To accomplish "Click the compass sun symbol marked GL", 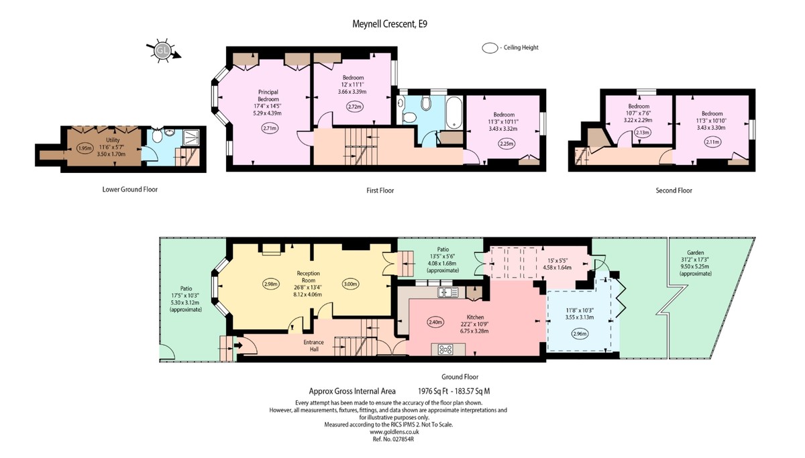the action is click(162, 50).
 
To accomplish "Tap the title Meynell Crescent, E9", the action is click(390, 24).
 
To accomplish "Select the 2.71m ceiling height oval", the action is click(270, 128).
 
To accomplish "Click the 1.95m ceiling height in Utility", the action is click(85, 148).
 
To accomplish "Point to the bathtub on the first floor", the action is click(454, 112).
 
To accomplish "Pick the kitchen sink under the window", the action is click(448, 292).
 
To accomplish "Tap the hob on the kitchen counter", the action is click(445, 349).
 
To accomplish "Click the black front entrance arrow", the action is click(238, 345).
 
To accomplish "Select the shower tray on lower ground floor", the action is click(191, 137).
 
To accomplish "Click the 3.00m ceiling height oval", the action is click(350, 284).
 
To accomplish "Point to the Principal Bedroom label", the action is click(268, 95).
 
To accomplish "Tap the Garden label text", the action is click(695, 253).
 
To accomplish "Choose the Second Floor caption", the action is click(674, 190).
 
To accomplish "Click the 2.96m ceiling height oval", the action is click(580, 334).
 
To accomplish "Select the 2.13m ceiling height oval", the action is click(642, 132).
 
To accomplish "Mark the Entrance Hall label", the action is click(314, 345).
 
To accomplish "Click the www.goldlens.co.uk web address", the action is click(394, 432).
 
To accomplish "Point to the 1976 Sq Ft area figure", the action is click(433, 391).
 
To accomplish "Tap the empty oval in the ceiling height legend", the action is click(490, 48).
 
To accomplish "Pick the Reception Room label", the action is click(309, 276).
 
